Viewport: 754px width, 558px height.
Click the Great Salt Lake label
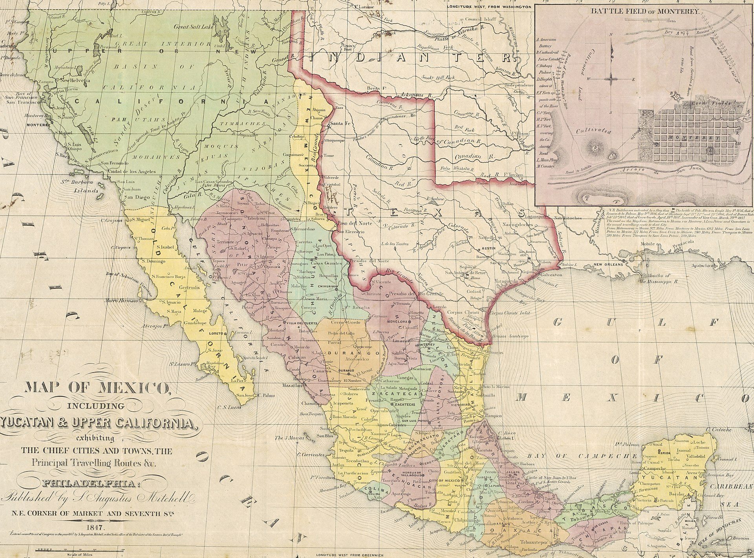coord(193,27)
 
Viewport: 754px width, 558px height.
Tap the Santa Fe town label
coord(340,124)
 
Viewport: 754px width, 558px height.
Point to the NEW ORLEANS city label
coord(608,265)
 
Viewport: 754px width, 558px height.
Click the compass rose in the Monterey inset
coord(612,79)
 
